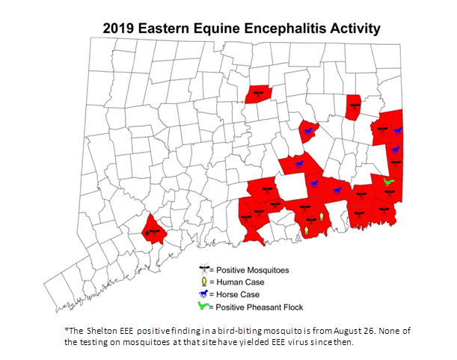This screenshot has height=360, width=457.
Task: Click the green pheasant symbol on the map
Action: click(x=387, y=181)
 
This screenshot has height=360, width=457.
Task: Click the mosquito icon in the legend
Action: click(x=203, y=269)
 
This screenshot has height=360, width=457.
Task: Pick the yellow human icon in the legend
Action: click(x=203, y=281)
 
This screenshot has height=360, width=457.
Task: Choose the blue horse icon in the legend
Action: click(x=203, y=294)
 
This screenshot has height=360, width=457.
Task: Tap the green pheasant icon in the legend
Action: click(x=203, y=306)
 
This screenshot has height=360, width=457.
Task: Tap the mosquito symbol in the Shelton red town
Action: click(x=156, y=231)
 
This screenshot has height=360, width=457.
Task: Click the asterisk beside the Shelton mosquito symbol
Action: click(x=147, y=232)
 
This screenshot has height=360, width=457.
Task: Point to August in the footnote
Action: click(x=343, y=331)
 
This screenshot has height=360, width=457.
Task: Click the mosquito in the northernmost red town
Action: click(x=258, y=94)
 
